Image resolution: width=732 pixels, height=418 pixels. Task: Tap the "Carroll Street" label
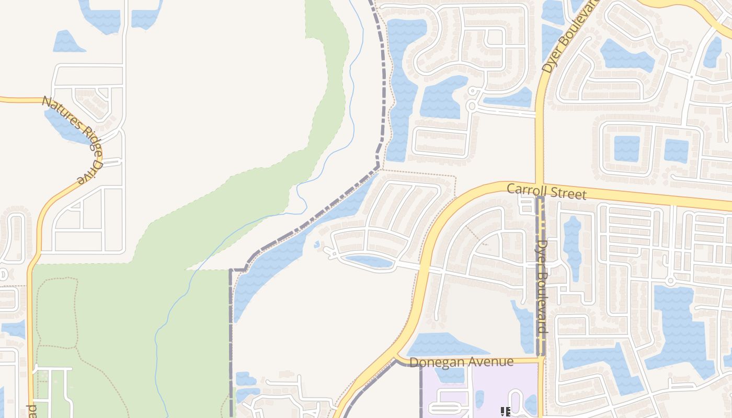[x=546, y=191]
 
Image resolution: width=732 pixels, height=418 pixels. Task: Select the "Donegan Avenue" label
[x=461, y=362]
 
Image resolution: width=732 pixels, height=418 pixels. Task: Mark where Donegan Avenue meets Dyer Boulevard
[x=541, y=359]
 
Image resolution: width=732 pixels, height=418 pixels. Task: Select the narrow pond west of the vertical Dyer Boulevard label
[x=524, y=327]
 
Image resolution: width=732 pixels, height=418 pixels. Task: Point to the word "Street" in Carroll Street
[x=567, y=193]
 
